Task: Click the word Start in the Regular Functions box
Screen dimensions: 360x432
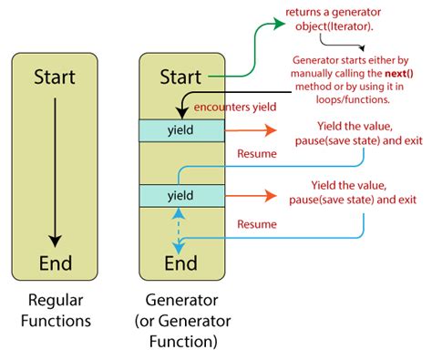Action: pos(55,77)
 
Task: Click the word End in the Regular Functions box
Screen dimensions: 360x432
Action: pos(55,264)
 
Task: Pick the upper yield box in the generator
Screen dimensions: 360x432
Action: pos(179,129)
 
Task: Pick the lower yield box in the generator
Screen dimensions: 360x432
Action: pos(179,195)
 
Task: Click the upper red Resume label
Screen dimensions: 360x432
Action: pos(256,155)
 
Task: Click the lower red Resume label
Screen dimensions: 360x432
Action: pos(256,222)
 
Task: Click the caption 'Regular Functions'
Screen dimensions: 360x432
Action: pos(55,311)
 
